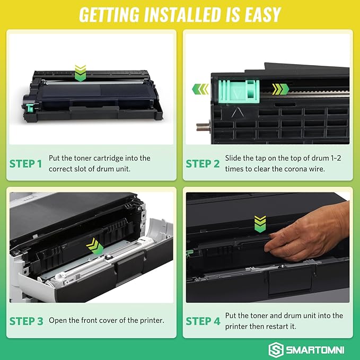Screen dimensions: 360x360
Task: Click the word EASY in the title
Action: pyautogui.click(x=254, y=14)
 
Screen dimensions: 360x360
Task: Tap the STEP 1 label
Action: pyautogui.click(x=25, y=163)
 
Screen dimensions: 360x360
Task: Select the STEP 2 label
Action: pyautogui.click(x=203, y=163)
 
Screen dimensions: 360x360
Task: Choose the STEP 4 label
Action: pyautogui.click(x=203, y=321)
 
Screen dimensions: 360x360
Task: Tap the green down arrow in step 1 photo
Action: pyautogui.click(x=80, y=73)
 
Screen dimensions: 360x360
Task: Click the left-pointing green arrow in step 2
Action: pyautogui.click(x=199, y=89)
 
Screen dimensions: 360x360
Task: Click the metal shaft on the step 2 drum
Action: pyautogui.click(x=201, y=127)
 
